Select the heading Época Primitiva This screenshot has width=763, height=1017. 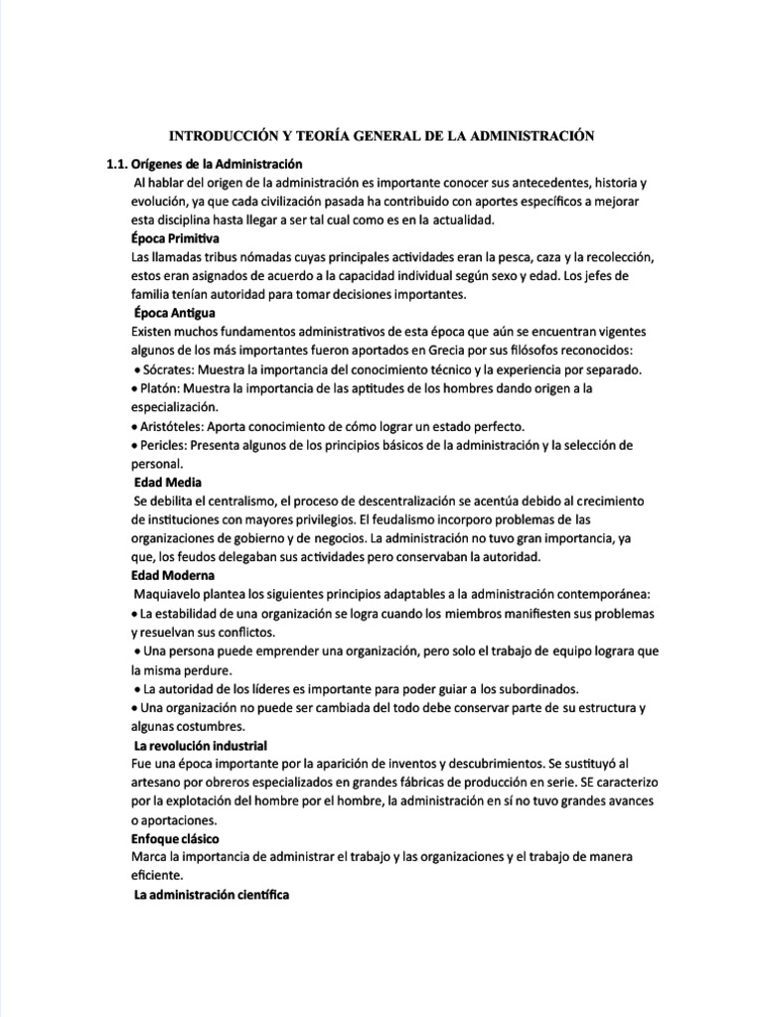tap(175, 239)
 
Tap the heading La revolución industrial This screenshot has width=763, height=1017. tap(200, 745)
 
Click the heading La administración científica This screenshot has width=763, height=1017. tap(211, 896)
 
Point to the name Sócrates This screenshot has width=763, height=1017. tap(163, 370)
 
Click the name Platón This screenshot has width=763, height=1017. tap(158, 388)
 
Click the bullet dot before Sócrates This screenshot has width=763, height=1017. tap(135, 371)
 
